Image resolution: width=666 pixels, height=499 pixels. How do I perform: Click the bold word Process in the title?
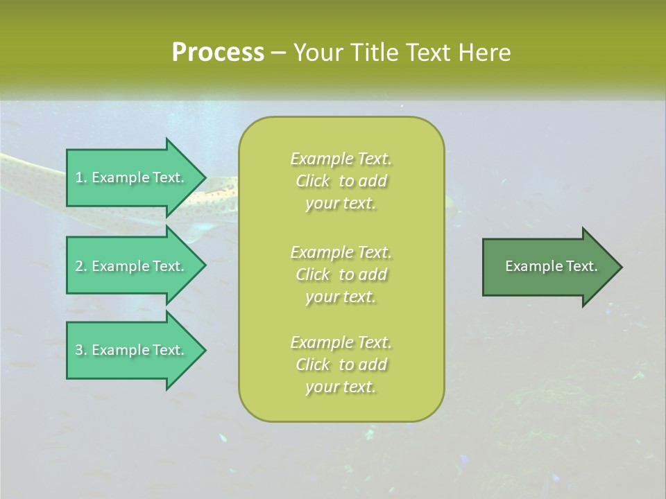point(218,53)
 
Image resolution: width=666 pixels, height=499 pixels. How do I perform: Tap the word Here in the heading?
point(484,53)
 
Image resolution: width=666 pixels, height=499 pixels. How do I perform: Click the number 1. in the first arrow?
point(80,177)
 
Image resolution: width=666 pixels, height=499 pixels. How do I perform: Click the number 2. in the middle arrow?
point(80,266)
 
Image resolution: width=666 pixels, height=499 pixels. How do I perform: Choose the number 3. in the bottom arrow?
point(80,350)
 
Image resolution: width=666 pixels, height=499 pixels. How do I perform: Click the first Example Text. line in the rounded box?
point(341,159)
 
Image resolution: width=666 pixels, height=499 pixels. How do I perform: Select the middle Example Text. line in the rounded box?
point(341,252)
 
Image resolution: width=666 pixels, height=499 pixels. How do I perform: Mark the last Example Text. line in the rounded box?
point(341,342)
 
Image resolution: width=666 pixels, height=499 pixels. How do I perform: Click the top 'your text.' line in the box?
point(341,204)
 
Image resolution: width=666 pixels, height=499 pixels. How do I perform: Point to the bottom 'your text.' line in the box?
point(341,387)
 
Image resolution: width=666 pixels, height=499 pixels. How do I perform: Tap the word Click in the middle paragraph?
point(313,274)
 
